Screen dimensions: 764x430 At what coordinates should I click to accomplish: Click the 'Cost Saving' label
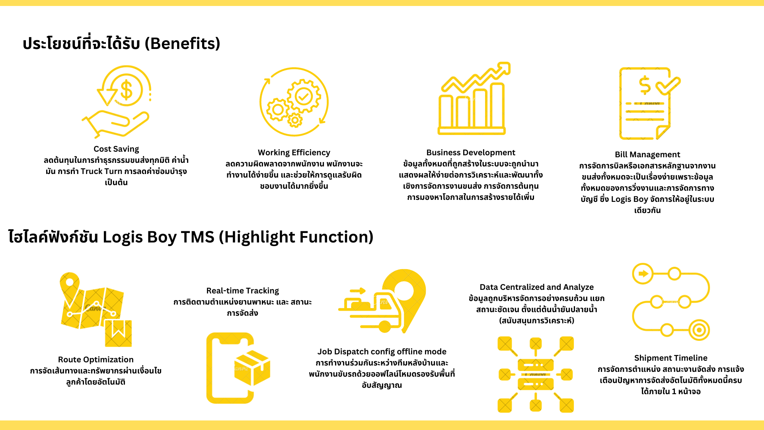pos(116,149)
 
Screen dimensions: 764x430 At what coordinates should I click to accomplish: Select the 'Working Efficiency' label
pos(294,152)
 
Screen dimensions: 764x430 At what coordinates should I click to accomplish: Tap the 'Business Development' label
pos(471,152)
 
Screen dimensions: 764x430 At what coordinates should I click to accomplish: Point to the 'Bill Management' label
pos(647,154)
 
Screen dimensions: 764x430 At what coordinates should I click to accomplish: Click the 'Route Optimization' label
pos(96,360)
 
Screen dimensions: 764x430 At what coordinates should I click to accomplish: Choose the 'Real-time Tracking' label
pos(243,291)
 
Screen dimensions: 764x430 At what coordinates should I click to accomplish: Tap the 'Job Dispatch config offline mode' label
pos(382,352)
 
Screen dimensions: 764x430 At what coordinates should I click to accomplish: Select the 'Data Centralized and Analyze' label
pos(537,287)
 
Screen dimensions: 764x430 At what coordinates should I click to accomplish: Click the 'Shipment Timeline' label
pos(671,358)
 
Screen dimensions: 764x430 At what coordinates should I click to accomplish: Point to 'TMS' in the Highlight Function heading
pos(197,237)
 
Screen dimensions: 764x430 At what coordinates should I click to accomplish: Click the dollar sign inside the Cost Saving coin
pos(127,90)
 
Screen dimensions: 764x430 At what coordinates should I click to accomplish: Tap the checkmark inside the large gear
pos(304,96)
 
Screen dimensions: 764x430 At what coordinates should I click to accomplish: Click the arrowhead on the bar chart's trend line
pos(504,68)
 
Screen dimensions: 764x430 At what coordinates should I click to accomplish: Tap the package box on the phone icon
pos(252,368)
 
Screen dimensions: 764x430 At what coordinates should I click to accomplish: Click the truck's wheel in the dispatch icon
pos(384,327)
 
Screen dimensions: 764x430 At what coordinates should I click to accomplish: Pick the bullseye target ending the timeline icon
pos(699,330)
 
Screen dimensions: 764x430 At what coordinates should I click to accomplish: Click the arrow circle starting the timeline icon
pos(643,274)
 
